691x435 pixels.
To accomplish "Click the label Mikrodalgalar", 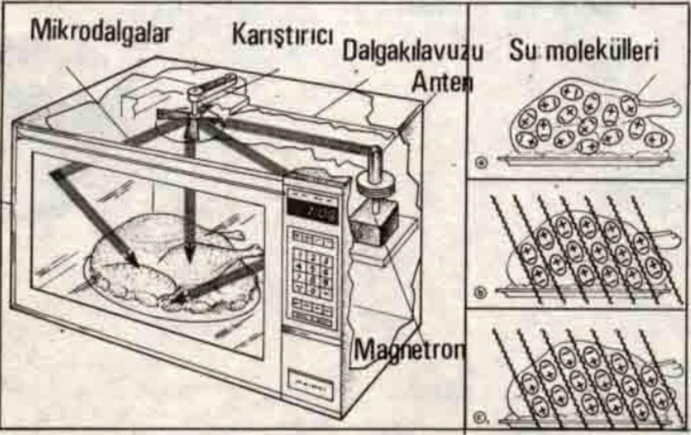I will (100, 32).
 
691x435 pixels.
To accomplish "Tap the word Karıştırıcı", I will (283, 35).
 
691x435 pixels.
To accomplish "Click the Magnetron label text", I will (409, 349).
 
